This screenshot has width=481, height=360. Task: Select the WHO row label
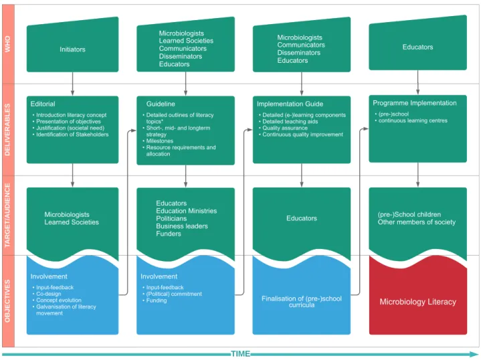tap(7, 44)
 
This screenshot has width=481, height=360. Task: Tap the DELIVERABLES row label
tap(7, 130)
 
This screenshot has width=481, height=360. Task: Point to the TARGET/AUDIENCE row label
tap(7, 215)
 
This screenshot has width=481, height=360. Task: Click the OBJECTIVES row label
tap(7, 301)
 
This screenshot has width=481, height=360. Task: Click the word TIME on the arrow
tap(241, 354)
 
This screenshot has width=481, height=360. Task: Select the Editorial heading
tap(43, 104)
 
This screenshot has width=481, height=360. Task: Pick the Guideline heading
tap(161, 104)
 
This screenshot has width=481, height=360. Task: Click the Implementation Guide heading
tap(290, 104)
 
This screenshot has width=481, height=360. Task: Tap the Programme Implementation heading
tap(414, 103)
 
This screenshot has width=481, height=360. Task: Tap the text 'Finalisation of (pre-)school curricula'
tap(302, 301)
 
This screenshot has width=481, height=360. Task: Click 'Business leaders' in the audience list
tap(182, 226)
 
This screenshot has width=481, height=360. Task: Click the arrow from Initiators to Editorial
tap(72, 84)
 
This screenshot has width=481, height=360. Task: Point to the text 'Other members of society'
tap(417, 222)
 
